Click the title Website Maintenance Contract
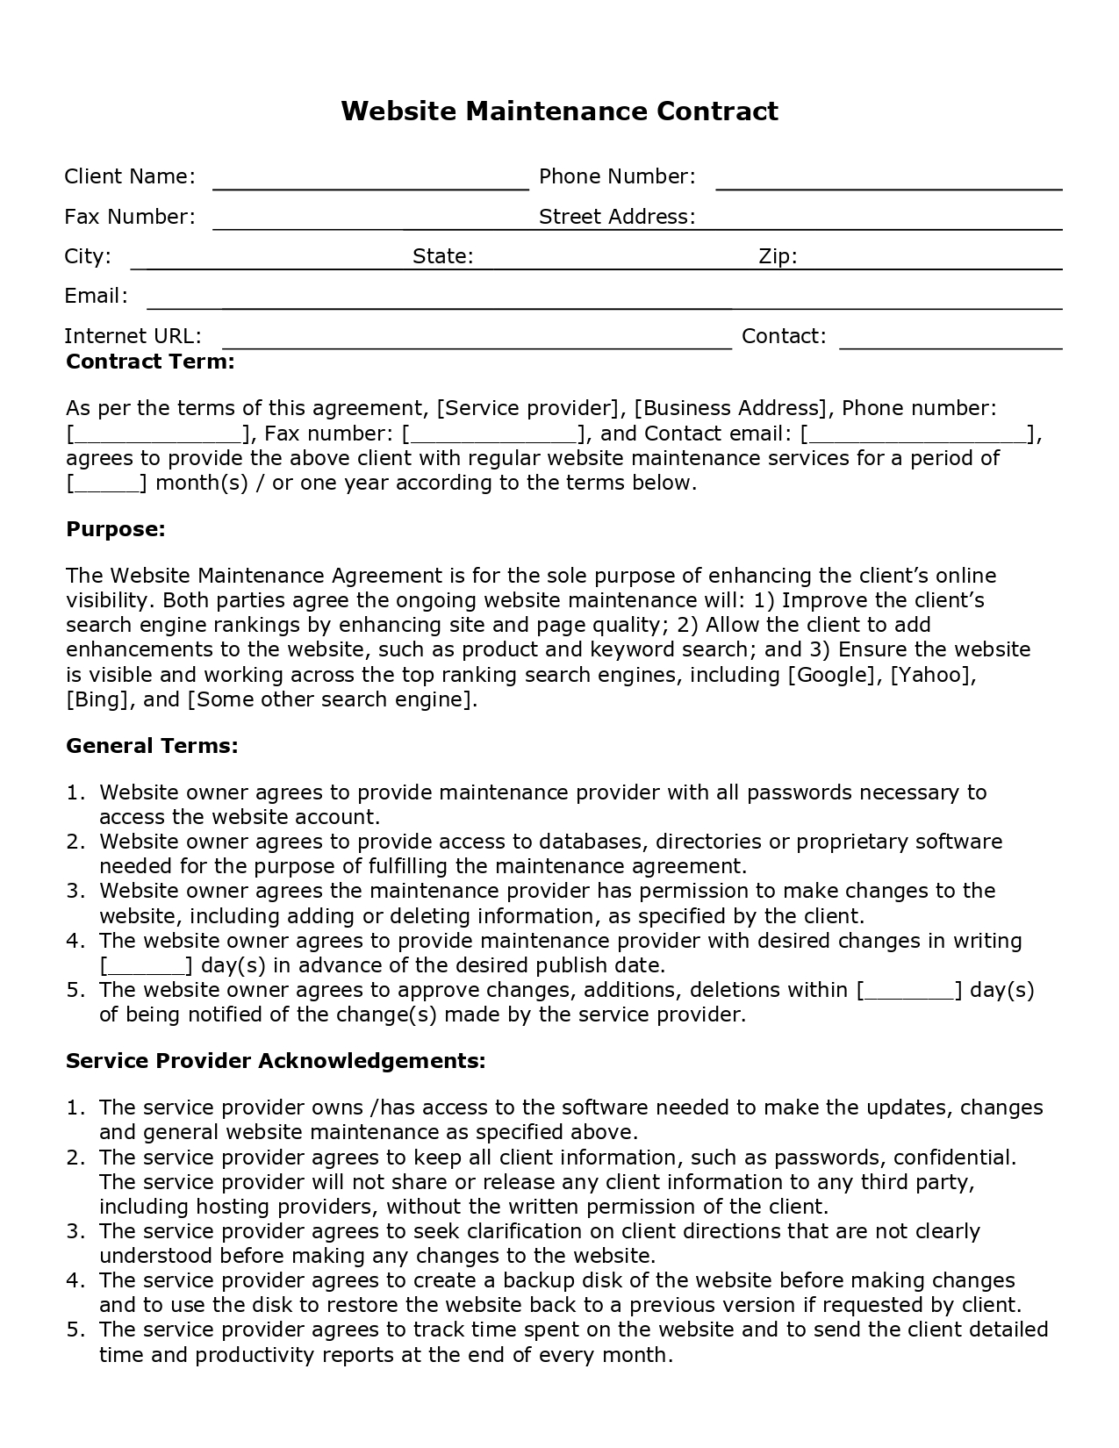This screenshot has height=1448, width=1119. click(x=559, y=111)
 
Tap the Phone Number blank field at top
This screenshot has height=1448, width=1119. click(x=888, y=181)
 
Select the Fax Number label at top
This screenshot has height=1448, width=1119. click(x=130, y=217)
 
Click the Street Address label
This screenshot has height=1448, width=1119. click(x=616, y=217)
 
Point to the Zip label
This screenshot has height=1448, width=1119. click(x=778, y=256)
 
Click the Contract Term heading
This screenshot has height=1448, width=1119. click(x=150, y=362)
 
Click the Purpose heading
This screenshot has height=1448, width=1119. click(x=116, y=529)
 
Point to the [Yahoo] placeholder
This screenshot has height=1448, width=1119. click(x=933, y=675)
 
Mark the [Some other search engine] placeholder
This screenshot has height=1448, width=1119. click(x=330, y=699)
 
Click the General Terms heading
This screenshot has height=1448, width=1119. click(x=152, y=746)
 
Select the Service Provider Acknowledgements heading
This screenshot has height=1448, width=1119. click(x=276, y=1060)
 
